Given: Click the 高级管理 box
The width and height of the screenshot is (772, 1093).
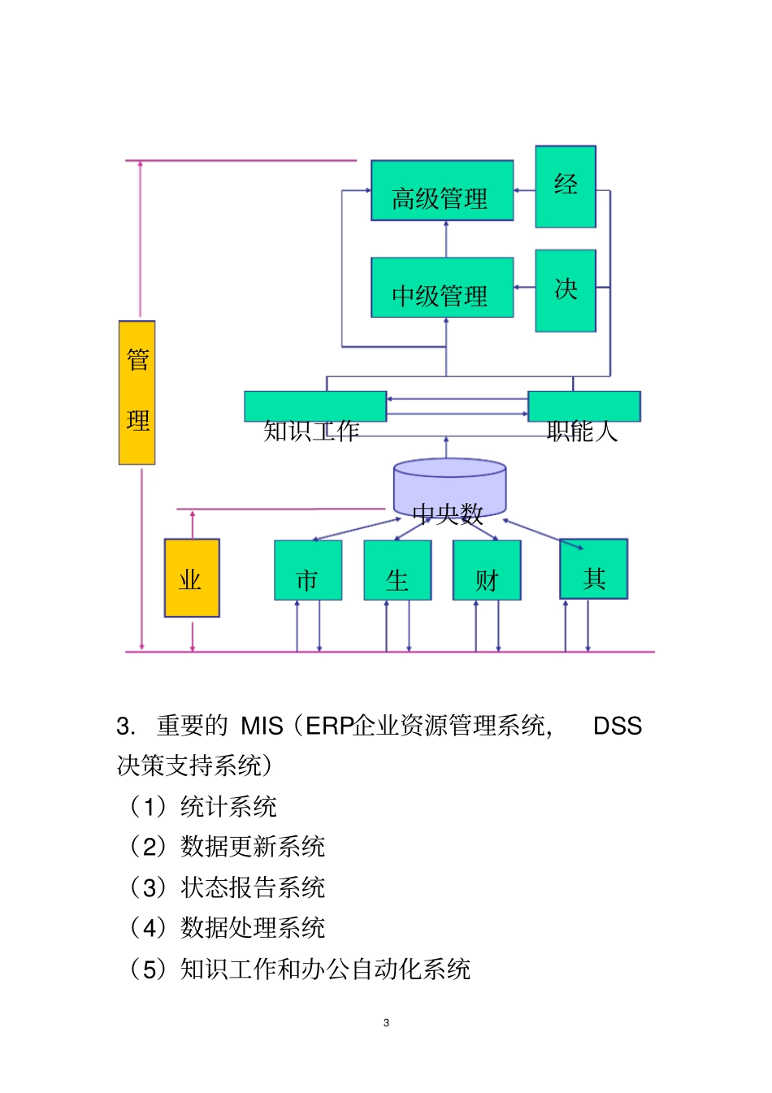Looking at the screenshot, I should click(x=442, y=191).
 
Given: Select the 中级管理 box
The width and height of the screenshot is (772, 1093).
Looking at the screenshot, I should click(x=442, y=288).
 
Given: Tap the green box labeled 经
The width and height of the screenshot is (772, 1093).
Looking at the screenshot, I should click(x=566, y=186).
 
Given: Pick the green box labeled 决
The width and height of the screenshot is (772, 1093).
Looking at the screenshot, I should click(x=566, y=290).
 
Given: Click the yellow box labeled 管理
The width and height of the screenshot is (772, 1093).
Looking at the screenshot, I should click(x=137, y=393).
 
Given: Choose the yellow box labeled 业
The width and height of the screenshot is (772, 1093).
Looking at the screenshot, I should click(x=192, y=578).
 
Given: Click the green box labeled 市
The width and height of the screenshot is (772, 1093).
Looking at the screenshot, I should click(x=308, y=570).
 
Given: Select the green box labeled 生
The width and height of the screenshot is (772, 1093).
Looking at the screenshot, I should click(x=397, y=570).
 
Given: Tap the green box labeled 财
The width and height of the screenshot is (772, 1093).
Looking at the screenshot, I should click(x=487, y=570).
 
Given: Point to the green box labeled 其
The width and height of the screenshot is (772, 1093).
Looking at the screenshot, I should click(x=594, y=569).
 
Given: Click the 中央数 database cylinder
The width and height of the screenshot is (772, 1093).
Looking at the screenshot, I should click(x=449, y=492).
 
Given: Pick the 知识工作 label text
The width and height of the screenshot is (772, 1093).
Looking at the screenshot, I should click(x=311, y=432).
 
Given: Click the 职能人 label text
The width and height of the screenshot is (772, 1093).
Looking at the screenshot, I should click(x=582, y=432).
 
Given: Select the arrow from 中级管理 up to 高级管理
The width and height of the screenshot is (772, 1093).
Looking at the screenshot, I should click(x=445, y=239).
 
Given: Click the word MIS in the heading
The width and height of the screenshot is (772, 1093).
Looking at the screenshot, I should click(x=262, y=726).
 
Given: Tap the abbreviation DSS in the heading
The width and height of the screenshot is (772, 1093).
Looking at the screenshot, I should click(x=618, y=726).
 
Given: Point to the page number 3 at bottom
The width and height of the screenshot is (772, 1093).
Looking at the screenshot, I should click(x=386, y=1023).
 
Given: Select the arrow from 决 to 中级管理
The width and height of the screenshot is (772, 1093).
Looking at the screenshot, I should click(x=524, y=287).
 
